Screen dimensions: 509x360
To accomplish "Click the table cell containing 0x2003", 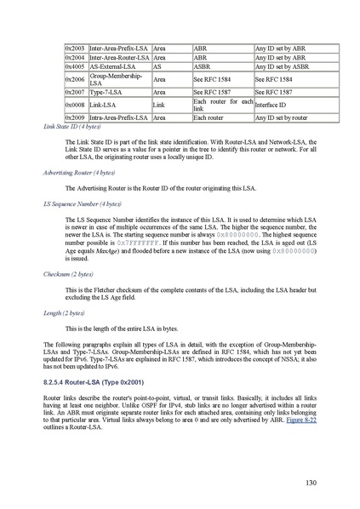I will [x=75, y=49].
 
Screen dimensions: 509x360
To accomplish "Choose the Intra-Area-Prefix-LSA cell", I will [x=119, y=117].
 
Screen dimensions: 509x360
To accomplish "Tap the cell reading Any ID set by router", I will [x=282, y=117].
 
